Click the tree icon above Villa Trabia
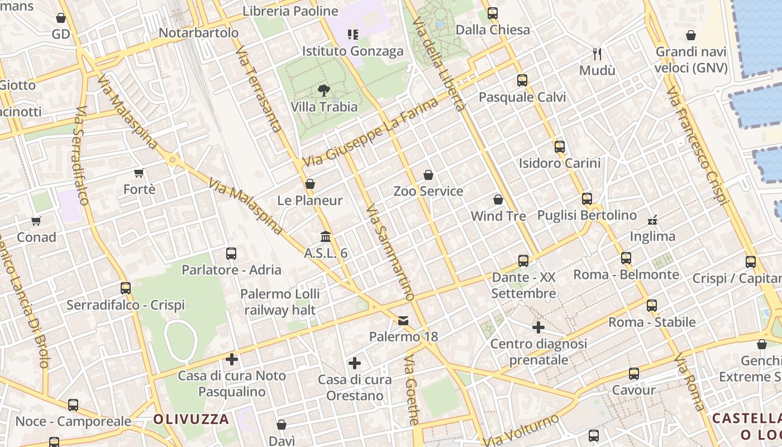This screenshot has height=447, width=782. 323,90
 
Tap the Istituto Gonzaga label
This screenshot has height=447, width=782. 352,51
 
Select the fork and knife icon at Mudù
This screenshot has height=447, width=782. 597,54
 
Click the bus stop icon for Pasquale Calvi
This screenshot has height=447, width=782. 522,80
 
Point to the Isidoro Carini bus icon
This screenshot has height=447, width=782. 559,147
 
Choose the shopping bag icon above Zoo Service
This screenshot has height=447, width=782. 428,175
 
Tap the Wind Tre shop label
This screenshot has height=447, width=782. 498,216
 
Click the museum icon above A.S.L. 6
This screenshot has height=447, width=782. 326,237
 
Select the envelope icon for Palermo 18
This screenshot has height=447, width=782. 403,321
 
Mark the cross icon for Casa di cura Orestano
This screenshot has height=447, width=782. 355,364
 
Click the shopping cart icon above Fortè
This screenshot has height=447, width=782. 139,173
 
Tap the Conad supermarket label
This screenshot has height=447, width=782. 36,237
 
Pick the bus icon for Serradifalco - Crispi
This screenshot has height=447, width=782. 126,288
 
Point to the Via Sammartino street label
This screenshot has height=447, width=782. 390,253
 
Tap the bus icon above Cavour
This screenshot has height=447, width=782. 633,374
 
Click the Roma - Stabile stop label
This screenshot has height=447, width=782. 652,322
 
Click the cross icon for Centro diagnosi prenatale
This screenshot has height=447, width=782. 538,327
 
